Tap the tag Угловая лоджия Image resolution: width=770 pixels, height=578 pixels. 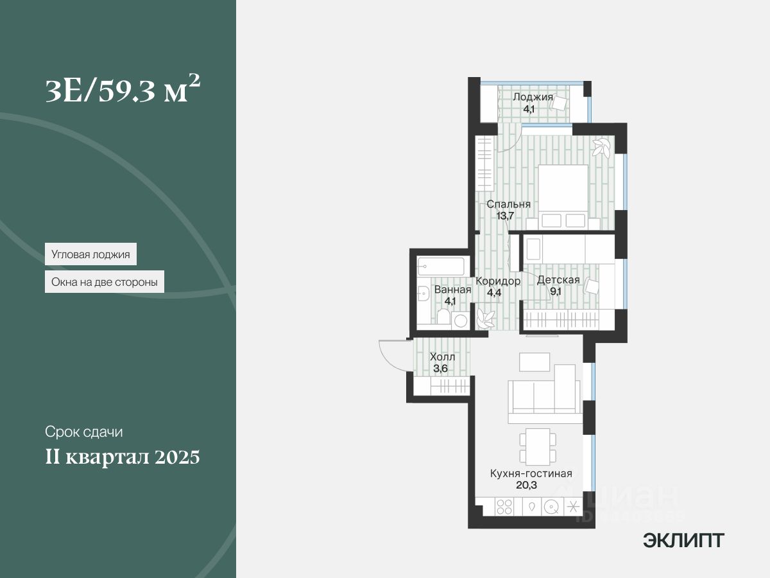point(90,254)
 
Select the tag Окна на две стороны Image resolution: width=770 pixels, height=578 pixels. point(105,281)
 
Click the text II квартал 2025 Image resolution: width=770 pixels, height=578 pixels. point(123,457)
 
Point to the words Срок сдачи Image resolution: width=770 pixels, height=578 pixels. point(83,432)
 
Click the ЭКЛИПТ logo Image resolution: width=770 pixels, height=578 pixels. point(683,540)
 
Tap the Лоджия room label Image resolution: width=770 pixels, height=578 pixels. point(533,98)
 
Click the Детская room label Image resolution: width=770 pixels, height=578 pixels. point(558,279)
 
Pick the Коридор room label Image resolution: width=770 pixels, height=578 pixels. point(497,281)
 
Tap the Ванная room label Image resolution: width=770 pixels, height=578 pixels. point(452,290)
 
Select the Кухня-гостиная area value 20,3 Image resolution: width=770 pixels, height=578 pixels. point(526,486)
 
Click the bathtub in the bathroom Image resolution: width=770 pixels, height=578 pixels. point(440,266)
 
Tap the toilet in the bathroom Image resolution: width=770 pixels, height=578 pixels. point(443,317)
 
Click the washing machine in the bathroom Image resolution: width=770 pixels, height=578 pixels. point(460,320)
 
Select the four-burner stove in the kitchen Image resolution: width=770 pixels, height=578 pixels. point(504,506)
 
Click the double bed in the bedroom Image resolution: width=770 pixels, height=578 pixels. point(563,197)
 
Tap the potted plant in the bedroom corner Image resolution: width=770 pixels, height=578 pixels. point(601,148)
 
